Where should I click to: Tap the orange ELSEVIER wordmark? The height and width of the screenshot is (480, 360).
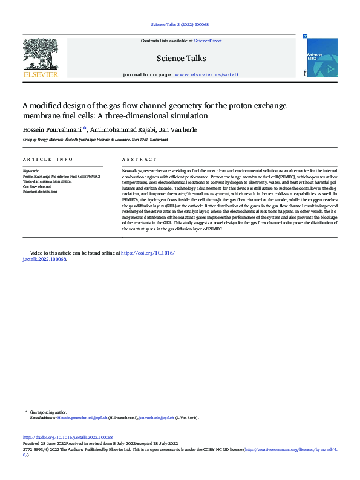click(x=40, y=74)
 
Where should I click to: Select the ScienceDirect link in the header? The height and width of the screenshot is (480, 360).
click(x=208, y=41)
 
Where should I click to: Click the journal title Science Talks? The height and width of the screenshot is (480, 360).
click(x=181, y=59)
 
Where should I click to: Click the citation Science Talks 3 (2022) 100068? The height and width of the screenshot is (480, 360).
click(x=179, y=25)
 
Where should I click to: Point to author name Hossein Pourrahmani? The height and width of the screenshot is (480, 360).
click(x=48, y=129)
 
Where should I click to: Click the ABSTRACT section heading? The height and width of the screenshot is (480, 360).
click(x=139, y=160)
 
